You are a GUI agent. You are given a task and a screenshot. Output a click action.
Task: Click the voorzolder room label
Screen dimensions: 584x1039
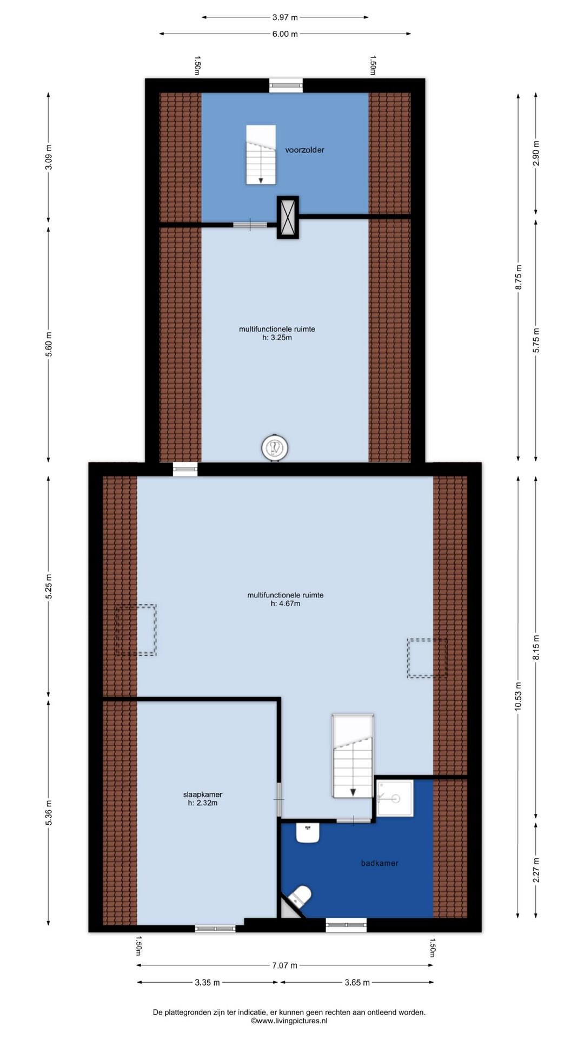click(x=305, y=150)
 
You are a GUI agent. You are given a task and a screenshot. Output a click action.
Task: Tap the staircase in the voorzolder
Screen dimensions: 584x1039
click(x=261, y=155)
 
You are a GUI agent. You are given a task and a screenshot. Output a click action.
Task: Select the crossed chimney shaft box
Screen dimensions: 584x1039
click(x=288, y=217)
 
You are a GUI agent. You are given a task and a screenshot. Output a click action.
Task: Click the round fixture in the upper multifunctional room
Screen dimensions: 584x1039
click(x=275, y=448)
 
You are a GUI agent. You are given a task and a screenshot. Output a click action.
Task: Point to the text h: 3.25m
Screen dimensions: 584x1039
click(x=277, y=338)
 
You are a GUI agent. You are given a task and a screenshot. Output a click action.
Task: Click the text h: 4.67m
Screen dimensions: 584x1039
click(x=286, y=603)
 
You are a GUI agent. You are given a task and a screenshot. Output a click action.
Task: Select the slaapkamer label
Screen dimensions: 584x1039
click(x=203, y=794)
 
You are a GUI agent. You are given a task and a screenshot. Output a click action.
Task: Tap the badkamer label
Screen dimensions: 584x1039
click(x=380, y=863)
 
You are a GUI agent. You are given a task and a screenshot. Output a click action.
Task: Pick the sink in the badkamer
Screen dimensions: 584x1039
click(x=308, y=833)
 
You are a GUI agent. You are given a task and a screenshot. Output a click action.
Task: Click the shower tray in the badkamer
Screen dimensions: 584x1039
click(x=395, y=798)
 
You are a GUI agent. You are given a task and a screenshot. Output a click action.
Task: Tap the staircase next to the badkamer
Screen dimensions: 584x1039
click(x=353, y=755)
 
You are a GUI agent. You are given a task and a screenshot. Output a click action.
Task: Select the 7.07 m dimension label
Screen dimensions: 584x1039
click(x=284, y=965)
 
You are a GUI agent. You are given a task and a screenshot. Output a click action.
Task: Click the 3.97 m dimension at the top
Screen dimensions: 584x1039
click(x=285, y=17)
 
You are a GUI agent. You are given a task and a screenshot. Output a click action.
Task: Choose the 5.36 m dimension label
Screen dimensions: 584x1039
click(x=49, y=813)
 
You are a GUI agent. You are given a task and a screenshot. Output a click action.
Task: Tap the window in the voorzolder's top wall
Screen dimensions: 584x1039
click(x=286, y=85)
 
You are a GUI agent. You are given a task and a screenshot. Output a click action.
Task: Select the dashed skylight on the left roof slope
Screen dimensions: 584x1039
click(x=136, y=630)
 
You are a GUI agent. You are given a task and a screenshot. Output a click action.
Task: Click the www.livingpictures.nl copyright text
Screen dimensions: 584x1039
click(x=289, y=1021)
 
